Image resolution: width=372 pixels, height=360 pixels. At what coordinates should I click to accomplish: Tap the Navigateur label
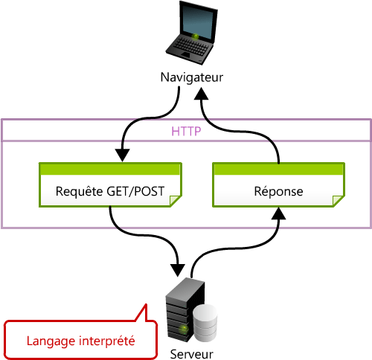[191, 77]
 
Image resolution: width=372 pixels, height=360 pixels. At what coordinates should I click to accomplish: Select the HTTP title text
[186, 131]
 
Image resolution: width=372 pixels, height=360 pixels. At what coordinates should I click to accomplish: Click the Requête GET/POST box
[110, 185]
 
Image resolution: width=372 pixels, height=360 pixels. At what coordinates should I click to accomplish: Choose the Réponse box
[279, 185]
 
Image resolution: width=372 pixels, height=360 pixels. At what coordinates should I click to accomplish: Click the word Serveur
[191, 353]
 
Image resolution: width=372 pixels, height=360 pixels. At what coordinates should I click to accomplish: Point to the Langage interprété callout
[80, 339]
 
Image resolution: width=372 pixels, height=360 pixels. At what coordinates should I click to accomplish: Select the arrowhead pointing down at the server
[176, 266]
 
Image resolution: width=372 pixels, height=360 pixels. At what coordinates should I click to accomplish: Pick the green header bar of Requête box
[110, 169]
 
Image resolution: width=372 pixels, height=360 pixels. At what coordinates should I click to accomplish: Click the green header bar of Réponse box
[279, 169]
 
